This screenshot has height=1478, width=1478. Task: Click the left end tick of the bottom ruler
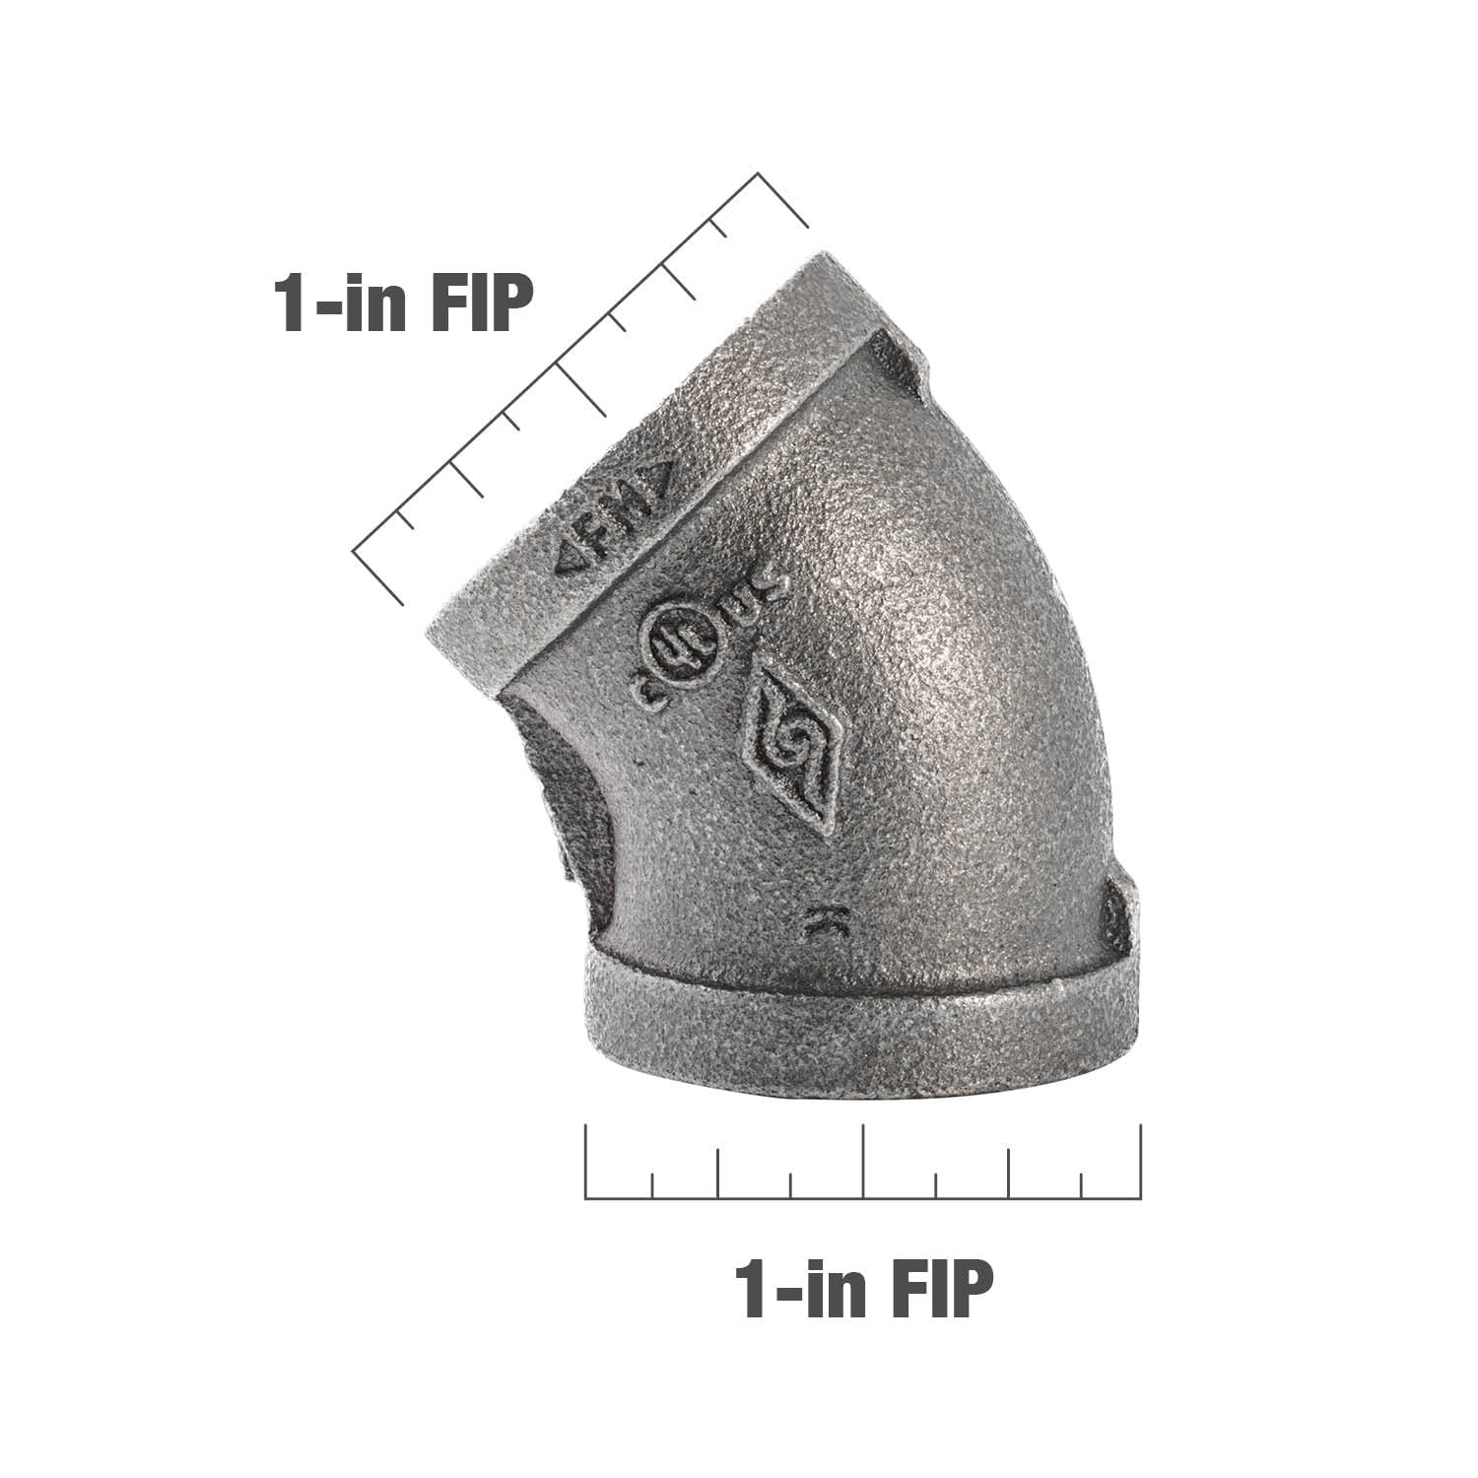[x=586, y=1163]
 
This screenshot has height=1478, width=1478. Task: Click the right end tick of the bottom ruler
[x=1140, y=1163]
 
